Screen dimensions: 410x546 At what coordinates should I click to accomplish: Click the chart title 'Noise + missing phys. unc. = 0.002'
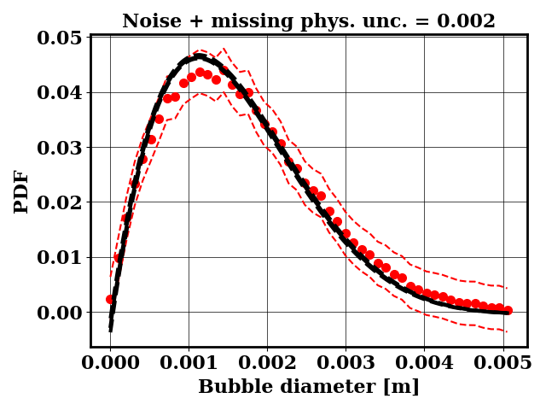pos(308,21)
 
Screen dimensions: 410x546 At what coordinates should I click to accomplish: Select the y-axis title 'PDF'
pos(21,190)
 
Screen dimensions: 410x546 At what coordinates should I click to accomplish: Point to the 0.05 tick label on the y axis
pos(59,38)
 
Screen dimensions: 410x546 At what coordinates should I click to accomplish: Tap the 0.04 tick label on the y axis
pos(59,92)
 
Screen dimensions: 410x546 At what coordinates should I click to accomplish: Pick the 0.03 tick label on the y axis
pos(59,148)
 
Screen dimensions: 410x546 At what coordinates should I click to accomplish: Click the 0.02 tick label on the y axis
pos(59,202)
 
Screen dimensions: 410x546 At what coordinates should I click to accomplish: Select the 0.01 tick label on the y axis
pos(59,257)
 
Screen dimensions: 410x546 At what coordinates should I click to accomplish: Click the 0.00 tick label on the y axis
pos(59,313)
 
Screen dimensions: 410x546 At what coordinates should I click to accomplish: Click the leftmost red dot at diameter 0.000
pos(110,300)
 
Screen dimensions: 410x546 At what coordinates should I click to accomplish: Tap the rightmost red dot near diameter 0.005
pos(508,310)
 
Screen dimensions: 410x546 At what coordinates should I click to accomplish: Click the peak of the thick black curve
pos(198,57)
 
